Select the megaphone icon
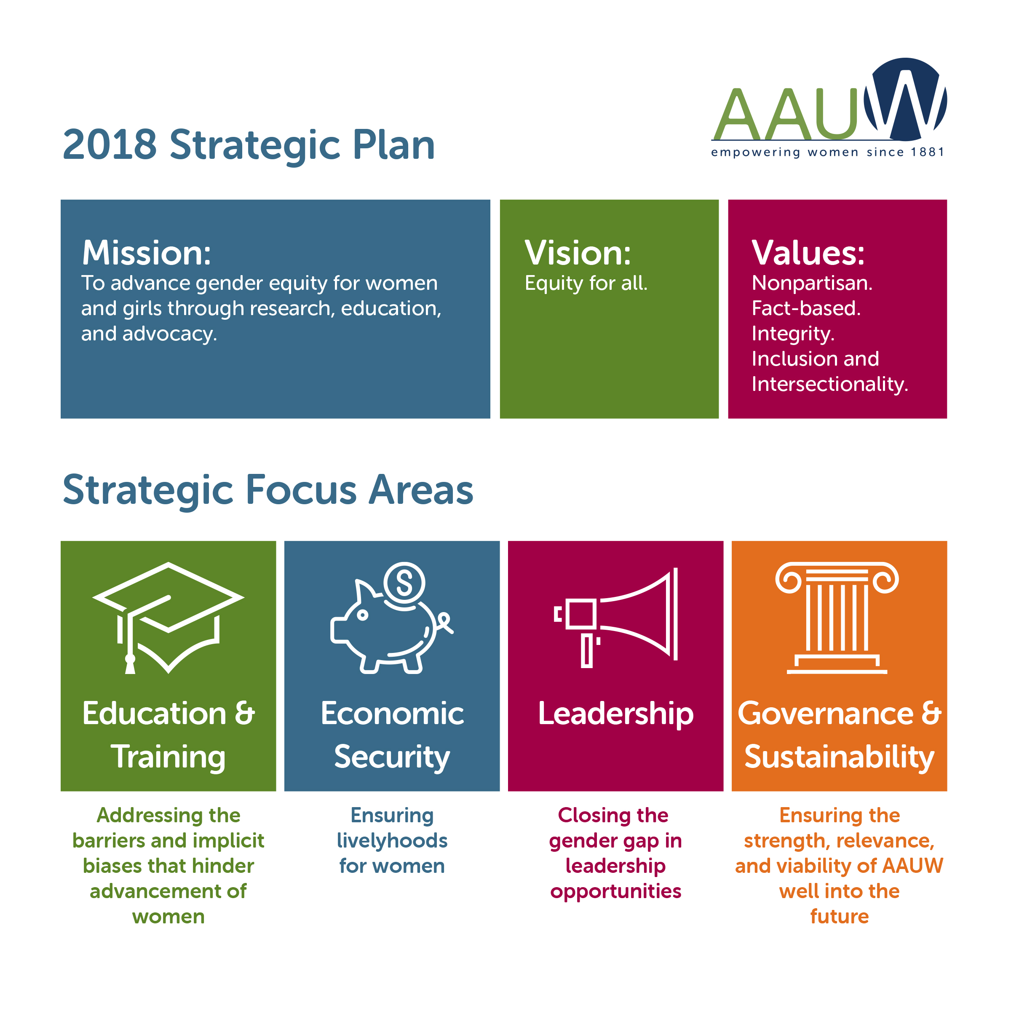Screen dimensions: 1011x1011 tap(616, 618)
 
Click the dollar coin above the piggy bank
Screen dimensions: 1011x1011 tap(404, 583)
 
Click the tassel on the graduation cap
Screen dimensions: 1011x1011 tap(130, 663)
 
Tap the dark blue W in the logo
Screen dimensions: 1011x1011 tap(905, 99)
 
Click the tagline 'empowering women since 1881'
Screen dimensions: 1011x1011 tap(827, 152)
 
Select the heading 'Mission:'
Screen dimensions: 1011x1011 tap(147, 253)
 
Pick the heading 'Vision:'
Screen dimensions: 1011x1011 tap(578, 253)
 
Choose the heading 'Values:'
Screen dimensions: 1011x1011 tap(808, 253)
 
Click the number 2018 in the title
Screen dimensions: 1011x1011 tap(110, 145)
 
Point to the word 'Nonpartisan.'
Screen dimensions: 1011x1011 tap(812, 283)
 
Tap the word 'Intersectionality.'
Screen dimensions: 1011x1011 tap(829, 384)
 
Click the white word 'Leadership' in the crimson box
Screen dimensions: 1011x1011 tap(615, 714)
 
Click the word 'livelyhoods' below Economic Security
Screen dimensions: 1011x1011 tap(392, 841)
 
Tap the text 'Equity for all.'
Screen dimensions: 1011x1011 tap(586, 283)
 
